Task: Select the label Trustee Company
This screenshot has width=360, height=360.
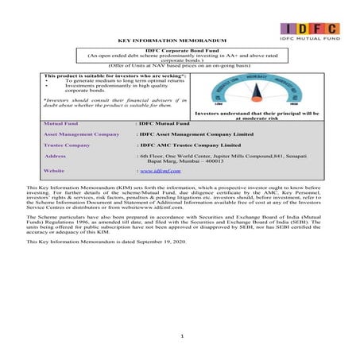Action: pos(68,146)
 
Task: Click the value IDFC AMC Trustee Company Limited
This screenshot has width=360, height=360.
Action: pos(188,146)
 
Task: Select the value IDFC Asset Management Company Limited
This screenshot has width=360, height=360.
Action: pos(195,135)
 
